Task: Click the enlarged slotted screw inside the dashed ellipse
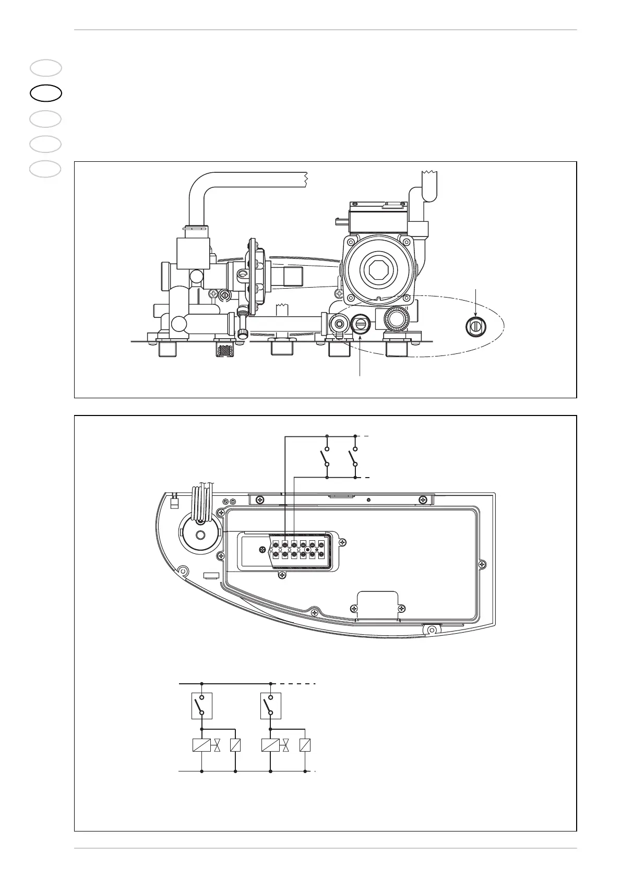click(x=475, y=326)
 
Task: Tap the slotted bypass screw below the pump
click(x=361, y=324)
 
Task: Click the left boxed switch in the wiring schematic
click(x=202, y=705)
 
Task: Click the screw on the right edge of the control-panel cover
click(x=482, y=564)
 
